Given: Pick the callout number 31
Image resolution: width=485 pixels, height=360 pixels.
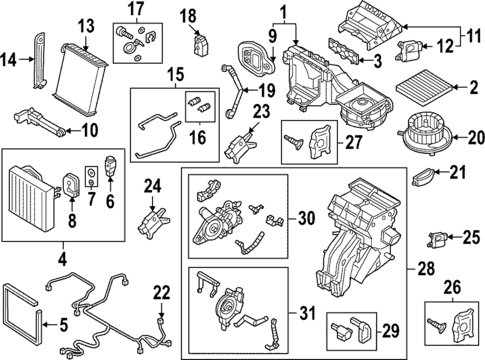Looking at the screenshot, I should point(300,313).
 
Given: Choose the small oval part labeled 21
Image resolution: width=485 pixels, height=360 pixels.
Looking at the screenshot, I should point(428,179).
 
